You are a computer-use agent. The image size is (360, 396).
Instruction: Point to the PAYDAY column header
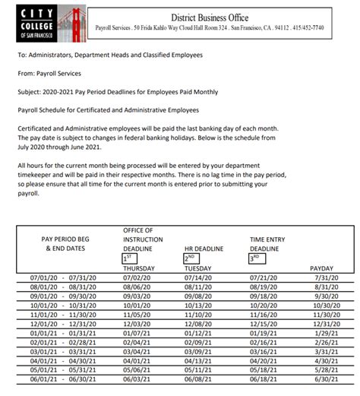click(323, 268)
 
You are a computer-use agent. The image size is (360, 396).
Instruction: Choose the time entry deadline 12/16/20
click(264, 322)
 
